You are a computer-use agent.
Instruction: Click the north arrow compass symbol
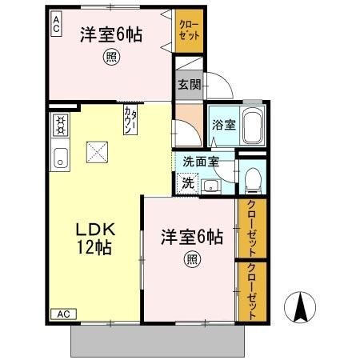[x=301, y=306]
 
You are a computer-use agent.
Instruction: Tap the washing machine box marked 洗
[x=186, y=182]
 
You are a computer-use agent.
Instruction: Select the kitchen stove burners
[x=59, y=125]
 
